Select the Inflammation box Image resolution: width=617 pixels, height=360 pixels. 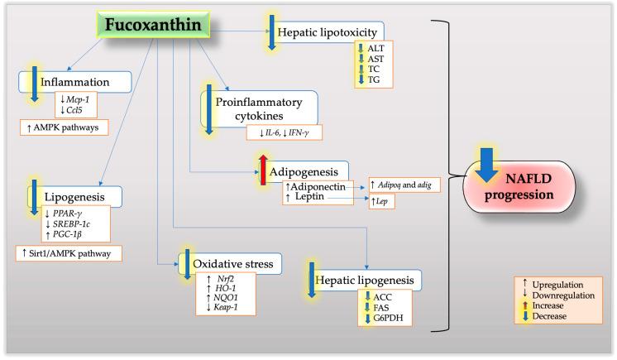[x=75, y=82]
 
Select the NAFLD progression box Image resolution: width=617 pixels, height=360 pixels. [x=531, y=189]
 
